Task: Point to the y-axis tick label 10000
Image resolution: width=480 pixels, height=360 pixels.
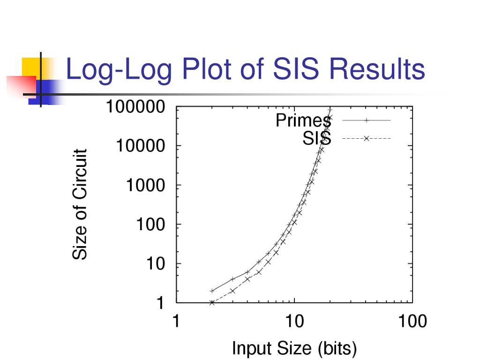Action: pyautogui.click(x=140, y=147)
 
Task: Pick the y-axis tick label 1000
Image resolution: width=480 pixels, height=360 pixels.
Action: pyautogui.click(x=145, y=186)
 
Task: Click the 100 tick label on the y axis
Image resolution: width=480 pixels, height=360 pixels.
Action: pyautogui.click(x=150, y=225)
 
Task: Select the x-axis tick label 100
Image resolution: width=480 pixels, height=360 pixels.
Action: pyautogui.click(x=412, y=322)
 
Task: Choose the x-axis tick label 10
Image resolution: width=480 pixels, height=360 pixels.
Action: pyautogui.click(x=294, y=322)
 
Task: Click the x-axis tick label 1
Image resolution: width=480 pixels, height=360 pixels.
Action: pyautogui.click(x=176, y=322)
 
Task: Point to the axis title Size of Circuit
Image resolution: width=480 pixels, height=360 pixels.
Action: pyautogui.click(x=80, y=204)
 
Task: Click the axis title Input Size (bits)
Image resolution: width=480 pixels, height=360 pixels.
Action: pyautogui.click(x=294, y=348)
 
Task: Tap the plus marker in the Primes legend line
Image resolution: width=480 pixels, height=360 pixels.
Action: pyautogui.click(x=367, y=120)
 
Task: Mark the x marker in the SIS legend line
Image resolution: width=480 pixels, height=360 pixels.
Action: pyautogui.click(x=367, y=138)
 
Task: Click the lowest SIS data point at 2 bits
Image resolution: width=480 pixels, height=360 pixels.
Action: pyautogui.click(x=212, y=303)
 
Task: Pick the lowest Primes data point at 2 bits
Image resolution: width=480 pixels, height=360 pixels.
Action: pyautogui.click(x=212, y=291)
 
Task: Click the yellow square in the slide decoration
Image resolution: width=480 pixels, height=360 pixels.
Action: pyautogui.click(x=31, y=66)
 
